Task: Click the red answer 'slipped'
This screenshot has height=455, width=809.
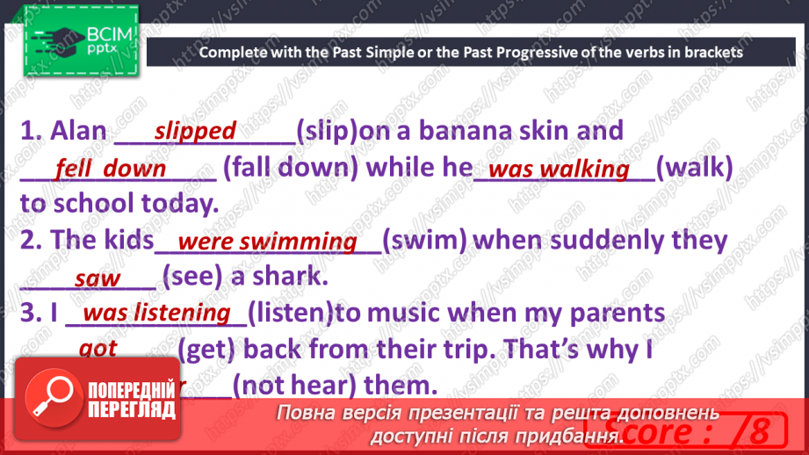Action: [195, 131]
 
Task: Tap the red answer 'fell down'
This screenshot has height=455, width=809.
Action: [110, 168]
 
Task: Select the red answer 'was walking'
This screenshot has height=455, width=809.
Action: [559, 170]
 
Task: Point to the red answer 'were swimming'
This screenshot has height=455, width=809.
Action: [267, 242]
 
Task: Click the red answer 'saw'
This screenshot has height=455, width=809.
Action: [98, 278]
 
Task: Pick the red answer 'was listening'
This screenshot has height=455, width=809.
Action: [156, 313]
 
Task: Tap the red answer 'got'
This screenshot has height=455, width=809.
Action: [98, 349]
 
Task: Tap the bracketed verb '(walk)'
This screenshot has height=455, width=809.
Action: [694, 168]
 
